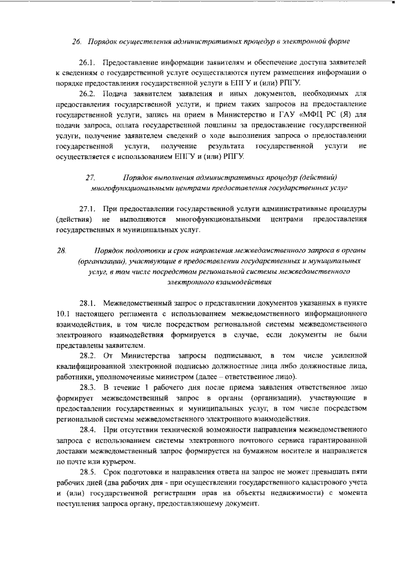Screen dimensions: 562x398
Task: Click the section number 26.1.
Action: click(x=88, y=63)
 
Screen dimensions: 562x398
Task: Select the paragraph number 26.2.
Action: click(x=88, y=93)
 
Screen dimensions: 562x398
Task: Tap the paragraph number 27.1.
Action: click(x=88, y=207)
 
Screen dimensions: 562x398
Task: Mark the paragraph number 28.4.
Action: click(x=88, y=430)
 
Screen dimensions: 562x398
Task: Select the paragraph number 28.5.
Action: click(x=88, y=473)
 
